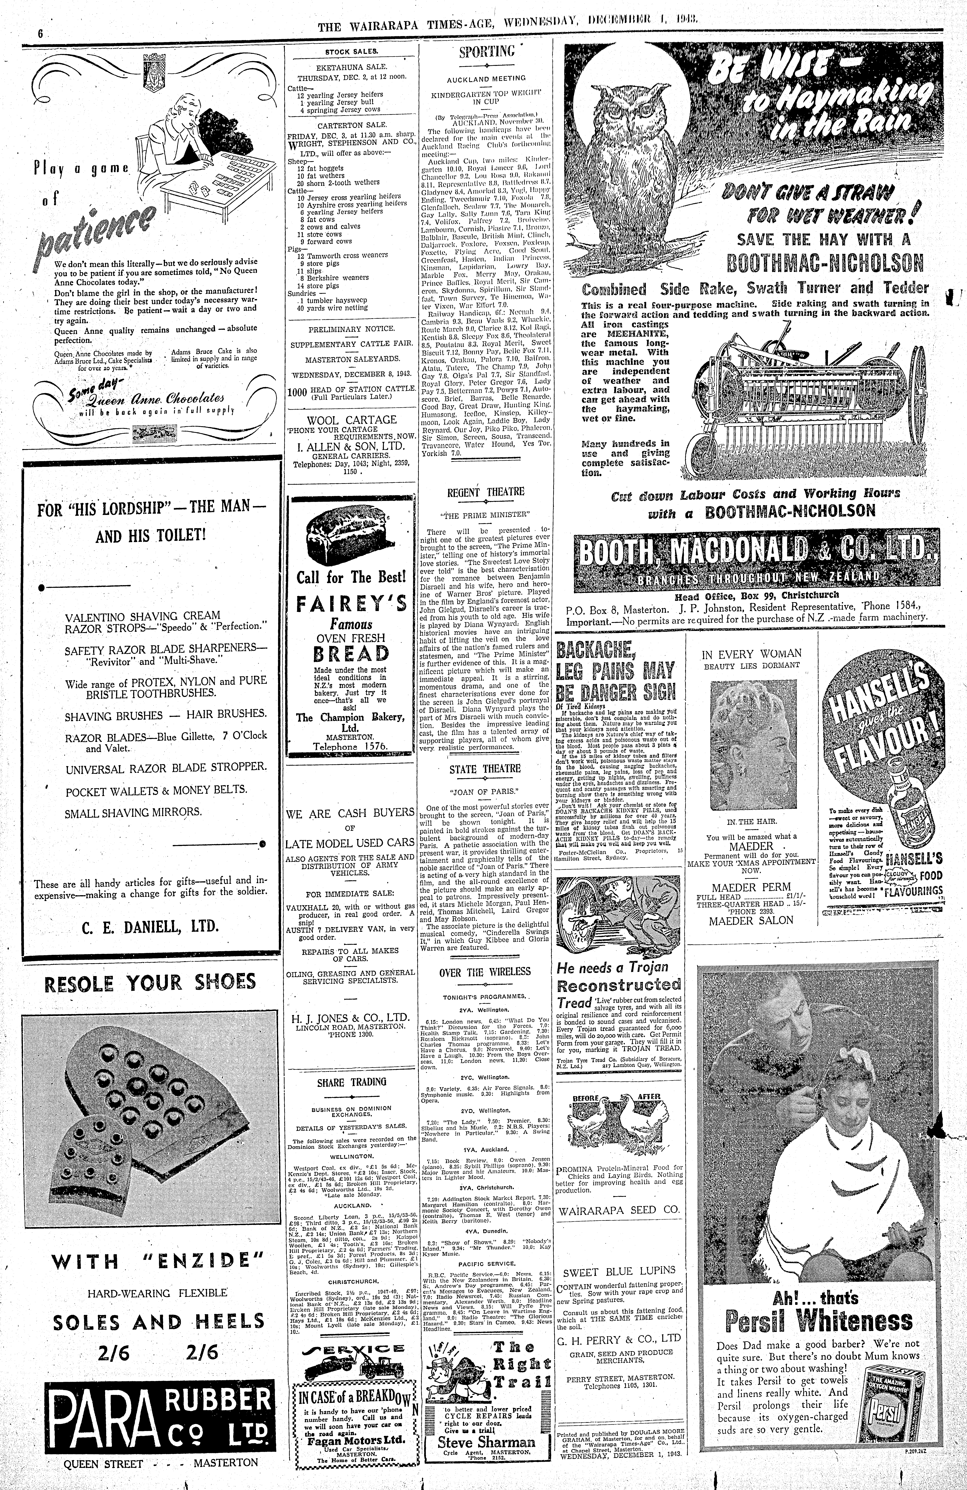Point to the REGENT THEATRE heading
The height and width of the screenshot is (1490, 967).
pos(485,492)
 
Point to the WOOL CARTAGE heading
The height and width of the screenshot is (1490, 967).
pos(351,420)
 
